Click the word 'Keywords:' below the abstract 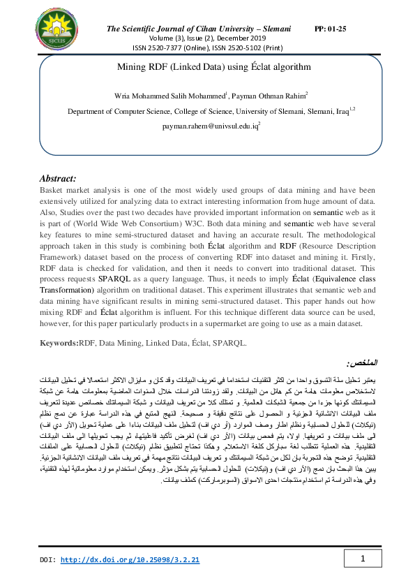pyautogui.click(x=59, y=344)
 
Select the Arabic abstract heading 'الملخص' pyautogui.click(x=361, y=365)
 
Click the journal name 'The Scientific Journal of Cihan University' pyautogui.click(x=187, y=29)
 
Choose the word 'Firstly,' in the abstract pyautogui.click(x=359, y=254)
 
